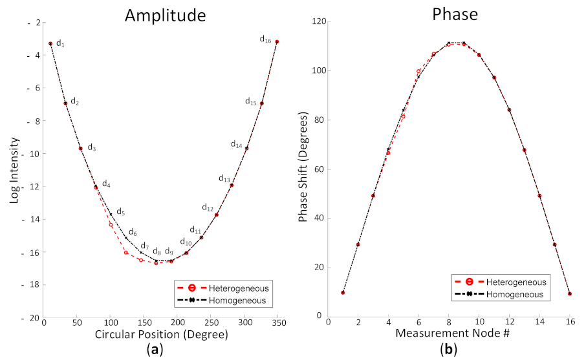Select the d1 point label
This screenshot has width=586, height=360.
pos(60,43)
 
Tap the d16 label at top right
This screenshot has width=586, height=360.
pos(265,39)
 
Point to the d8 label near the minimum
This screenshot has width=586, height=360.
pos(157,251)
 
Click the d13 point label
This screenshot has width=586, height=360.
pos(224,178)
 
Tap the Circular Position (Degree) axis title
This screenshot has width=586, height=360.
pos(161,335)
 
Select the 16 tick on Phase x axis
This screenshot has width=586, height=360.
pos(569,323)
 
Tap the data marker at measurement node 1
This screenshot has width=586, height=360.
pos(343,293)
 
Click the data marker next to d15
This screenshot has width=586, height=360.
pos(261,103)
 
